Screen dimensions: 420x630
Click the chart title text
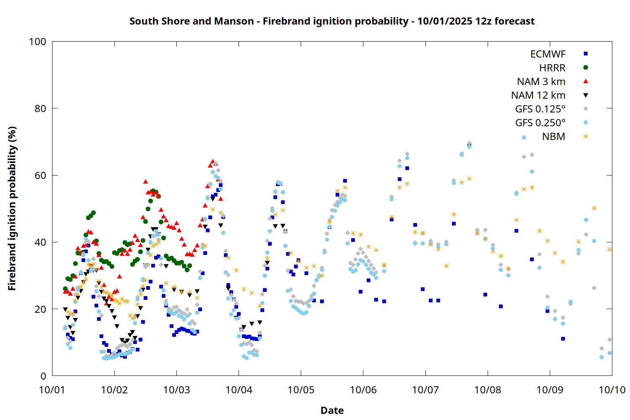point(332,21)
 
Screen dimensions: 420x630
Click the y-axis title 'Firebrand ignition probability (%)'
point(12,208)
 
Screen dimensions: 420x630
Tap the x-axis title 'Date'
point(332,410)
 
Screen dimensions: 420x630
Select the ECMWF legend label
point(548,54)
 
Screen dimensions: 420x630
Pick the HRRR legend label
point(552,68)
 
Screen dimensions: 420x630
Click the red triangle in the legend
point(585,81)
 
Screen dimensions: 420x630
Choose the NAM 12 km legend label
point(538,95)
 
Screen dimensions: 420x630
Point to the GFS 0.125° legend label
point(540,109)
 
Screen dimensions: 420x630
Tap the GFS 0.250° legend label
point(540,123)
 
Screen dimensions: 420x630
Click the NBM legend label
point(554,137)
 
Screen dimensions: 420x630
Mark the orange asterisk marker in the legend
point(585,136)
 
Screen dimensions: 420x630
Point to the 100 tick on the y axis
point(37,42)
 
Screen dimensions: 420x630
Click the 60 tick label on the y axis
point(40,176)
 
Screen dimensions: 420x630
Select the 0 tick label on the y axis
point(43,376)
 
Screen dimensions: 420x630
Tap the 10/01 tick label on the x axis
point(52,390)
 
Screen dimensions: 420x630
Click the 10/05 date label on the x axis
point(301,390)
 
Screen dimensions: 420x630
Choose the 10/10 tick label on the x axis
point(612,390)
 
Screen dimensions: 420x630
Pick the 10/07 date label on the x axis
point(425,390)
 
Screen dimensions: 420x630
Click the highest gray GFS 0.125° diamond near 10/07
point(469,143)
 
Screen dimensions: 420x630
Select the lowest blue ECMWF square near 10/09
point(563,339)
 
